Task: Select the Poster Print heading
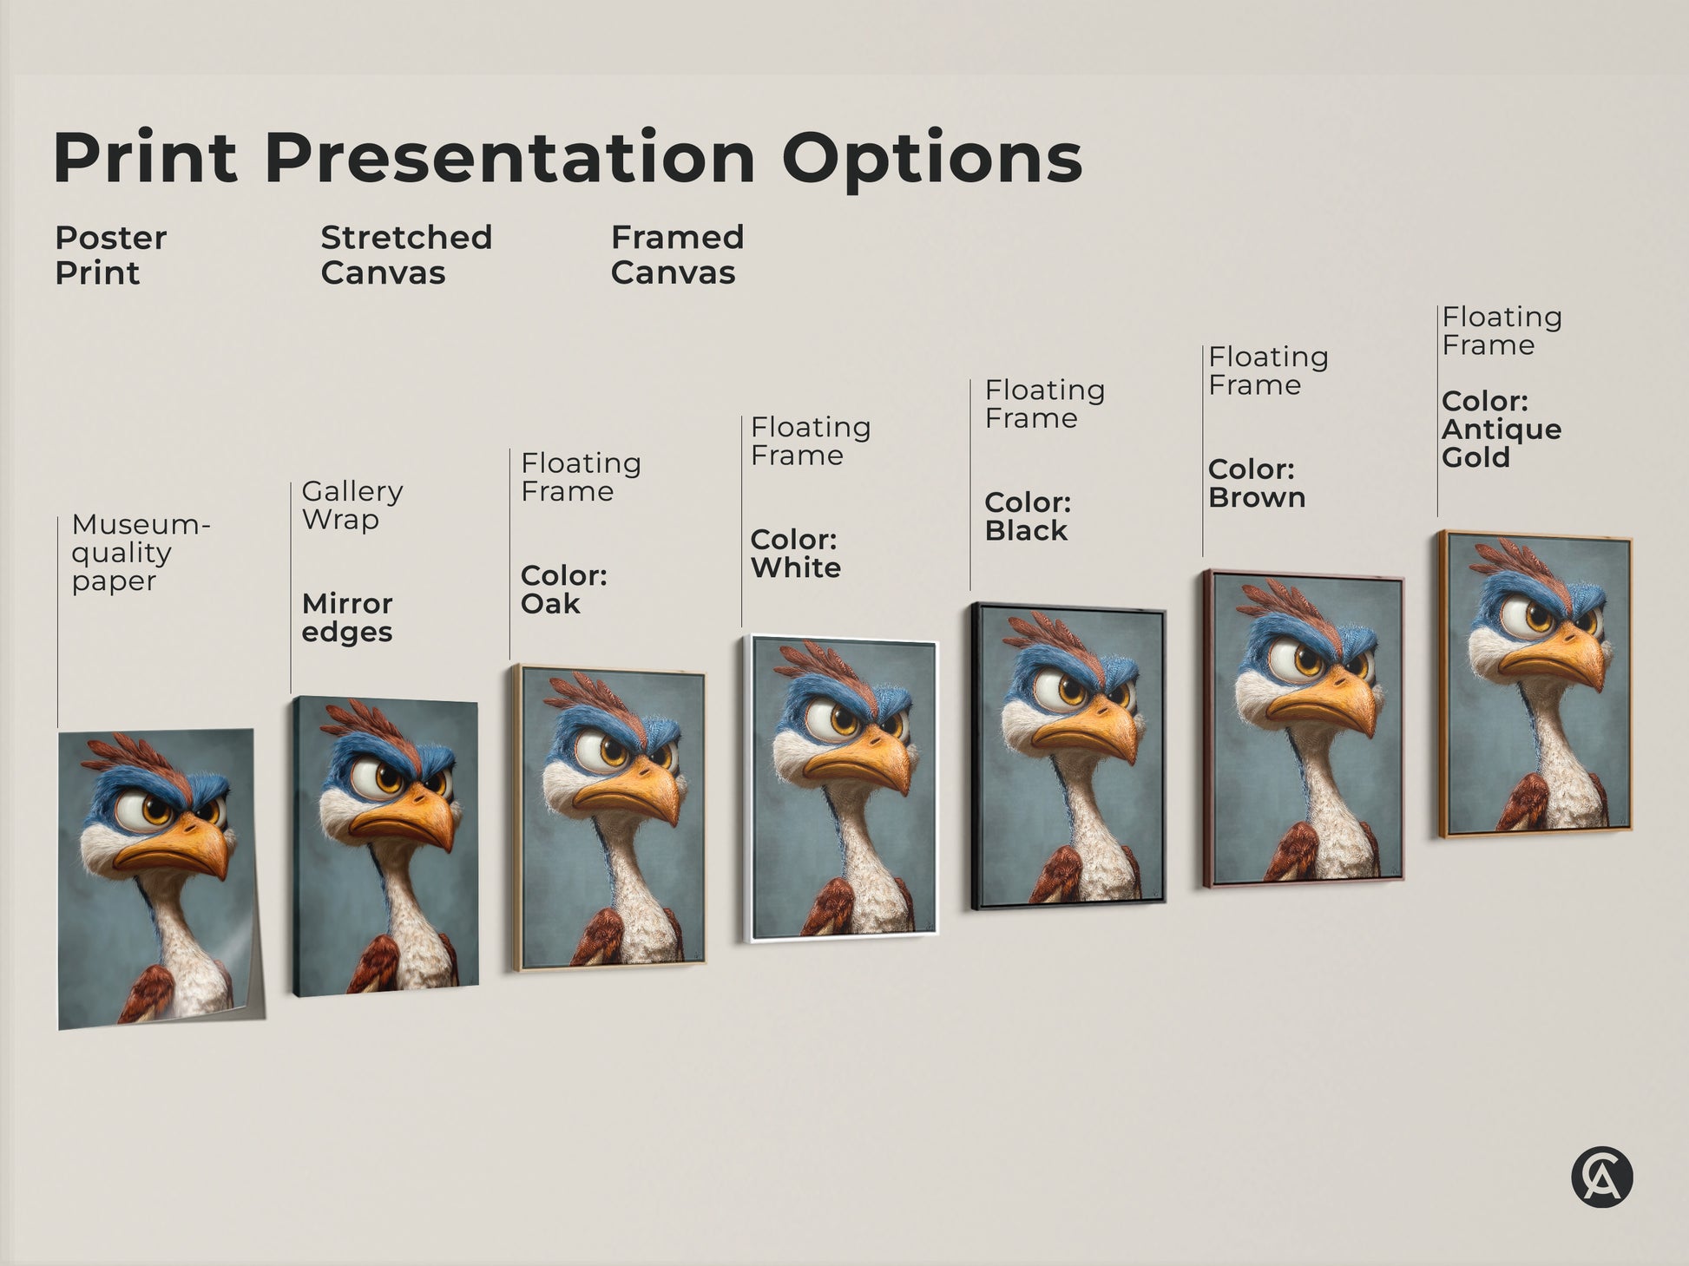point(110,255)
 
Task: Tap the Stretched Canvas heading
point(405,255)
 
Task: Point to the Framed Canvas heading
point(677,255)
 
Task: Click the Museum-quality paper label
point(140,553)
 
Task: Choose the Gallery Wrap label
point(352,505)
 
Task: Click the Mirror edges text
point(347,617)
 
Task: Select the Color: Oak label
point(563,589)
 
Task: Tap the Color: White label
point(795,554)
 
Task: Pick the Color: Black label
point(1028,516)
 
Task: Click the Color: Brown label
point(1256,483)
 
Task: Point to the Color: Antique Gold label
point(1501,430)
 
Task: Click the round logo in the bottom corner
point(1601,1177)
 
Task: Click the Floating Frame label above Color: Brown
point(1268,371)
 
